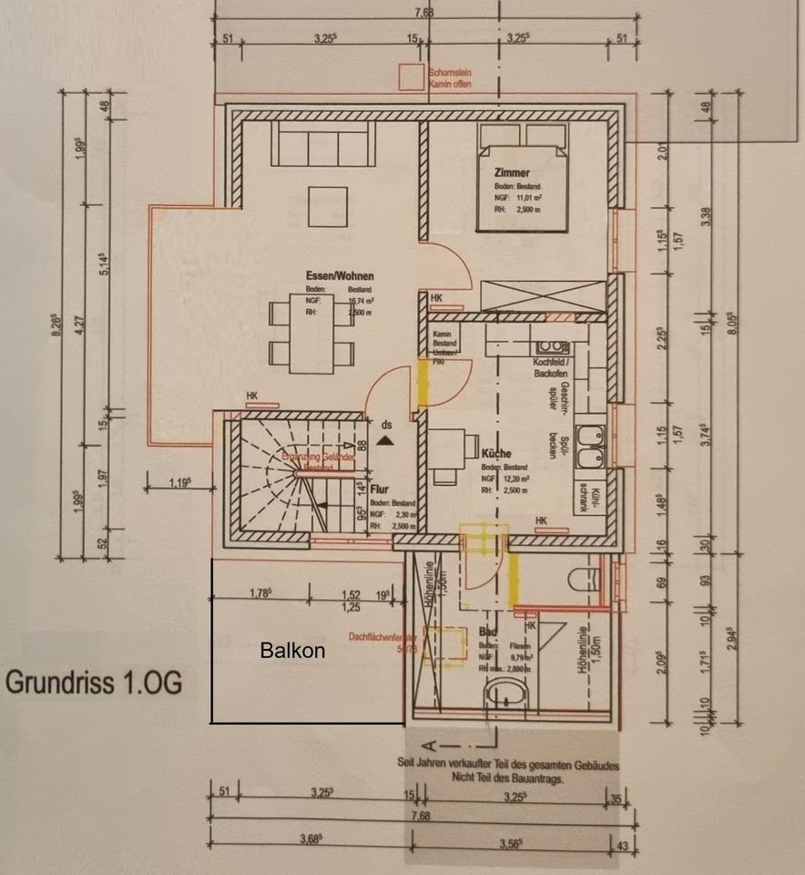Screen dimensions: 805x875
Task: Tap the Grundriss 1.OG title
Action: pos(94,684)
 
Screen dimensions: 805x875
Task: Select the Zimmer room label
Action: pos(512,171)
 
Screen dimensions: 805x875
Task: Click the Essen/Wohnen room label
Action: pos(341,275)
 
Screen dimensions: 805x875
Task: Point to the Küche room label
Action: pos(498,453)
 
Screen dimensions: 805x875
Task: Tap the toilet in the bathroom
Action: pos(580,578)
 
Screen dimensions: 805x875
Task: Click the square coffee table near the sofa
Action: pos(327,206)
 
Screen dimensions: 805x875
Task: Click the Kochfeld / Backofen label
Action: pos(550,367)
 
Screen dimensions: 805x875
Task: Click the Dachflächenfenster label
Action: pos(382,638)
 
